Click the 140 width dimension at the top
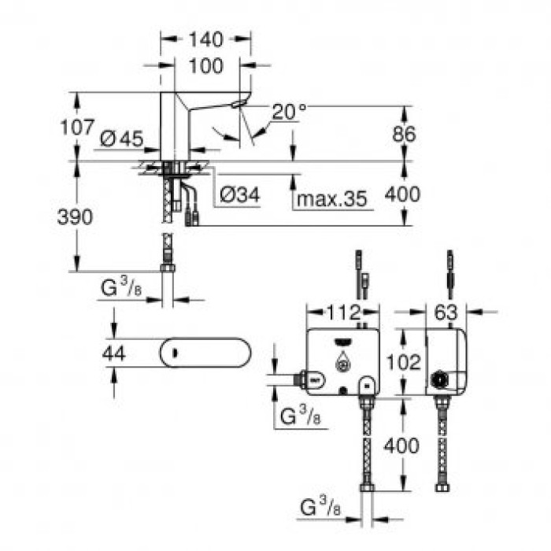pyautogui.click(x=206, y=39)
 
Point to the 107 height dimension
pyautogui.click(x=76, y=126)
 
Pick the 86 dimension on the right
pyautogui.click(x=405, y=133)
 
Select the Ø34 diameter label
pyautogui.click(x=239, y=194)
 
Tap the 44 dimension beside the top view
pyautogui.click(x=115, y=353)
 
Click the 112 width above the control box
pyautogui.click(x=342, y=312)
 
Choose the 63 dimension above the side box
pyautogui.click(x=446, y=312)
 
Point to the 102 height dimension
pyautogui.click(x=405, y=362)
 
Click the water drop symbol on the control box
pyautogui.click(x=342, y=364)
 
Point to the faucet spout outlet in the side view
pyautogui.click(x=238, y=105)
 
